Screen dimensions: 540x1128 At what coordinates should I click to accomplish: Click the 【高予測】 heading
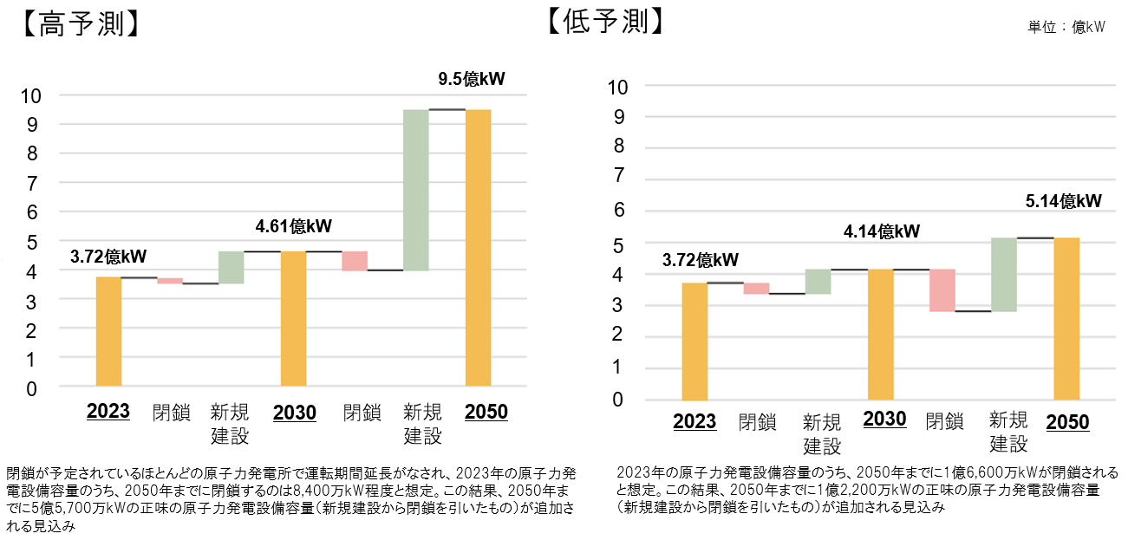click(x=77, y=23)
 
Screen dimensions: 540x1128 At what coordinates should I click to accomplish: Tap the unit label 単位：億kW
click(x=1066, y=28)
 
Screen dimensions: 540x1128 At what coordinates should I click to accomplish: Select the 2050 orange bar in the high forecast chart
click(x=478, y=247)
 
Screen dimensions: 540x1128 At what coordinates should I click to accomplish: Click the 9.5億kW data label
click(x=471, y=80)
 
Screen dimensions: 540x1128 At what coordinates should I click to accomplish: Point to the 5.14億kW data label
click(x=1064, y=201)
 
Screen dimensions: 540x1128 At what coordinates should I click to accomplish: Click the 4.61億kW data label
click(x=293, y=227)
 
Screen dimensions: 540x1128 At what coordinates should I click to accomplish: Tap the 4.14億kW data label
click(x=881, y=231)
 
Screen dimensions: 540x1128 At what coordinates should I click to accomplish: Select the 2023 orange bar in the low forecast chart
click(x=694, y=341)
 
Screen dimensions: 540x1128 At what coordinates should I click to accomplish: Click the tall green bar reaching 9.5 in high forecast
click(x=416, y=190)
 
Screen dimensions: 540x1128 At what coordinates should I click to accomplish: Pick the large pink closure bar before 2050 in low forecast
click(x=942, y=290)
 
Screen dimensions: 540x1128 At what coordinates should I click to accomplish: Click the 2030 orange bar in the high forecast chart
click(x=293, y=318)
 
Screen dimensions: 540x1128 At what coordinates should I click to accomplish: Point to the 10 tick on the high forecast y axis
click(x=29, y=95)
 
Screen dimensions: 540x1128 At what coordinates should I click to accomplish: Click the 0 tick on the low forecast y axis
click(x=618, y=400)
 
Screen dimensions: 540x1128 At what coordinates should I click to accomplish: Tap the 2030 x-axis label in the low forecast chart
click(x=884, y=420)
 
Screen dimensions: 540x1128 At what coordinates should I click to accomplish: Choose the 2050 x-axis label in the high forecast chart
click(x=486, y=412)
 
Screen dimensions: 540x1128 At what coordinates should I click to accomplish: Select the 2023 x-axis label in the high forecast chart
click(x=108, y=411)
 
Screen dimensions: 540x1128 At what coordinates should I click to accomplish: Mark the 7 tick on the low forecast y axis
click(x=618, y=176)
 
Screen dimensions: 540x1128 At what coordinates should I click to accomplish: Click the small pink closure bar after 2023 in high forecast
click(x=170, y=280)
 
